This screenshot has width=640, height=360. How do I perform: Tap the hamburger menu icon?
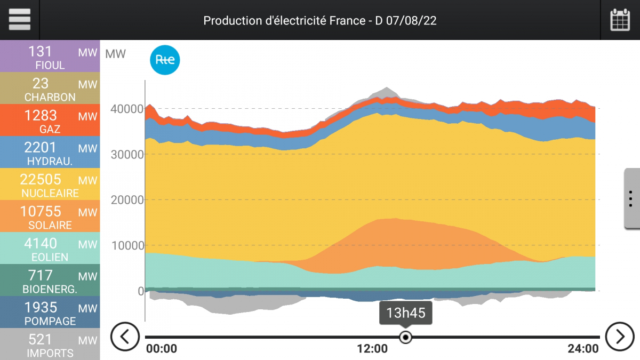point(20,20)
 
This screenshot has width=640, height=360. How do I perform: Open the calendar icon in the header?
point(620,20)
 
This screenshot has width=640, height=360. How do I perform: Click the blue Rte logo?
point(165,60)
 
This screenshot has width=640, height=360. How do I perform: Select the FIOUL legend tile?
point(50,57)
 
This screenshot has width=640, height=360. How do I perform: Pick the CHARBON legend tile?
point(50,89)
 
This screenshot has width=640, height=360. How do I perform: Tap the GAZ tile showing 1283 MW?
point(50,121)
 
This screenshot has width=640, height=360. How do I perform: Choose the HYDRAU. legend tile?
point(50,153)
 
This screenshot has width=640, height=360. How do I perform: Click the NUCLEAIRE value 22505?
point(41,179)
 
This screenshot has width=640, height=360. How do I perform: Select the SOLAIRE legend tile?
point(50,217)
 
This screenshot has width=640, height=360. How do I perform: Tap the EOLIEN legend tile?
point(50,249)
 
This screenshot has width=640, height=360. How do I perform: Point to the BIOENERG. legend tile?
point(50,281)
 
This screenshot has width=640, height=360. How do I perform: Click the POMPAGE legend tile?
point(50,313)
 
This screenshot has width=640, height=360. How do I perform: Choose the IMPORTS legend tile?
point(50,344)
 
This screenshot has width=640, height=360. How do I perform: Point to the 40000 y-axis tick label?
point(126,109)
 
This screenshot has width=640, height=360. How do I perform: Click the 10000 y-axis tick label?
point(126,245)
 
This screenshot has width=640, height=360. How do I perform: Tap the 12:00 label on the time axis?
point(372,349)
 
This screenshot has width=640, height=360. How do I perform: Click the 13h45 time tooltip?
point(406,313)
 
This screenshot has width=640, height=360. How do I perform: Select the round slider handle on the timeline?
point(406,337)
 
